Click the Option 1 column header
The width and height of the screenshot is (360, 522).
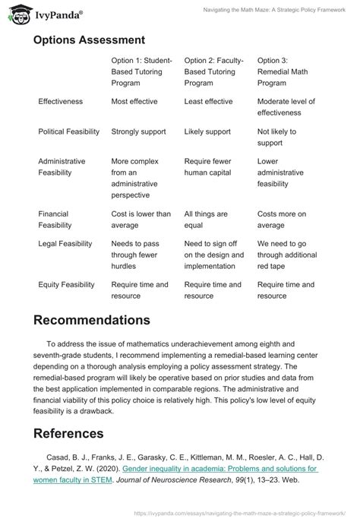point(142,71)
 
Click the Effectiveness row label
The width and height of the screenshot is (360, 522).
point(61,101)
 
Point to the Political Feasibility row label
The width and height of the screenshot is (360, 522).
point(69,131)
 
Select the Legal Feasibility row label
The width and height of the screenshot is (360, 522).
point(65,244)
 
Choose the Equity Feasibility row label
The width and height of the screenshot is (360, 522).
point(67,285)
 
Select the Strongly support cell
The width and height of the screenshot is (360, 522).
point(138,131)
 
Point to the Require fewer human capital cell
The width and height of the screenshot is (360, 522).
point(213,167)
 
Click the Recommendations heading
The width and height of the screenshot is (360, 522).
point(92,321)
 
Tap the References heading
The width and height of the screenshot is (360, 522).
point(69,434)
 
